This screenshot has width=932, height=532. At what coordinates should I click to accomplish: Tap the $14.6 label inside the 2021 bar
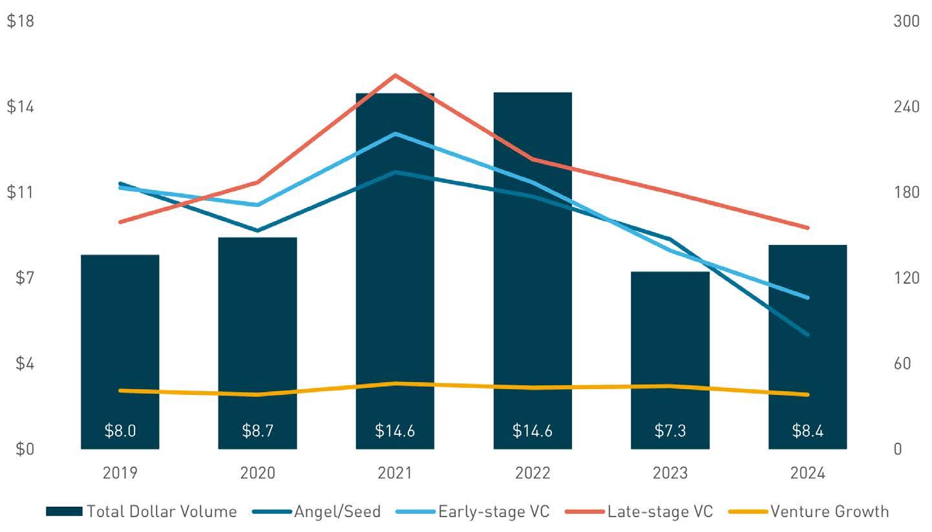point(395,431)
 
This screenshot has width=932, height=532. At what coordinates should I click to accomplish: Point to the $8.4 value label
point(807,431)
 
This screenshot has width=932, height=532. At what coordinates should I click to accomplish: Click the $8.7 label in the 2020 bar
point(257,431)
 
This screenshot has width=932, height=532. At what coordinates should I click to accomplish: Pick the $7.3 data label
point(670,431)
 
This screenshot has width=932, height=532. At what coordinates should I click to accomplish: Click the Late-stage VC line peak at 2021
point(395,76)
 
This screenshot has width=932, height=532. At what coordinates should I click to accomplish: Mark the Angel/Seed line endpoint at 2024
point(807,335)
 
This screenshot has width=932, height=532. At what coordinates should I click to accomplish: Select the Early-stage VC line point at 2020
point(257,205)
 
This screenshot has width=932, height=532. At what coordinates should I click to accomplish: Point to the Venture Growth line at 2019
point(120,390)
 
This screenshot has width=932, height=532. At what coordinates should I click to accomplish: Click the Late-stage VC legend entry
point(659,512)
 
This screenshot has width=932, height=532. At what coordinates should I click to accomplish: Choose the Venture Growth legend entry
point(829,512)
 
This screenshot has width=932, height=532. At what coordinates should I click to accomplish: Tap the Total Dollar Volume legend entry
point(162,512)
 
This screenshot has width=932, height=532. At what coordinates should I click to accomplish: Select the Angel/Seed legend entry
point(337,512)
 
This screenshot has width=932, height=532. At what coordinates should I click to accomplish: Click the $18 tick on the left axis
point(20,21)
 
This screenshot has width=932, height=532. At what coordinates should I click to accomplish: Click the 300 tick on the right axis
point(906,21)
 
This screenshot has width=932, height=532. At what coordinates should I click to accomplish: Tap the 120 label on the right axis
point(906,278)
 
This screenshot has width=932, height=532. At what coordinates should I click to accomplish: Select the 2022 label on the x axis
point(533,473)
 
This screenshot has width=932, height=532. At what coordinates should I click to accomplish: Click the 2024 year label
point(807,473)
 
